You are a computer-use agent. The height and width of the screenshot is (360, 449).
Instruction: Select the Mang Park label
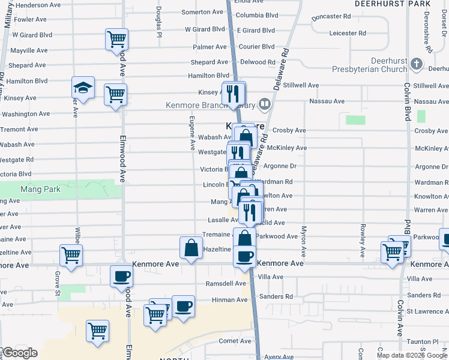pos(21,188)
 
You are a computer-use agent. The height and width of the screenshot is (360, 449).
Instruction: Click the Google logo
pos(19,353)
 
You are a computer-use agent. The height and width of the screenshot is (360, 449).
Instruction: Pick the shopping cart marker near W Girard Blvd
pos(116,40)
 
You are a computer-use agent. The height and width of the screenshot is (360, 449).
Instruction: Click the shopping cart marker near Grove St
pos(71,255)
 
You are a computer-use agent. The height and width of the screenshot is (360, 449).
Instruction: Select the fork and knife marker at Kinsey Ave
pos(234,93)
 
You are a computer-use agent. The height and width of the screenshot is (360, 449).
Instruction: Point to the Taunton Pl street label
pos(427,341)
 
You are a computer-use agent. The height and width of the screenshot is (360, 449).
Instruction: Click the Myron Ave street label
pos(304,239)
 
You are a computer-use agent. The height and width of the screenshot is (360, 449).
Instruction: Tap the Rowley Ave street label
pos(363,238)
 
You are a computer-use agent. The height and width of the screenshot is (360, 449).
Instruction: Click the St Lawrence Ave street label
pos(427,311)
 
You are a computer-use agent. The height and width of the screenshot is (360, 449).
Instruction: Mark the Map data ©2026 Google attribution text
pos(412,355)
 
